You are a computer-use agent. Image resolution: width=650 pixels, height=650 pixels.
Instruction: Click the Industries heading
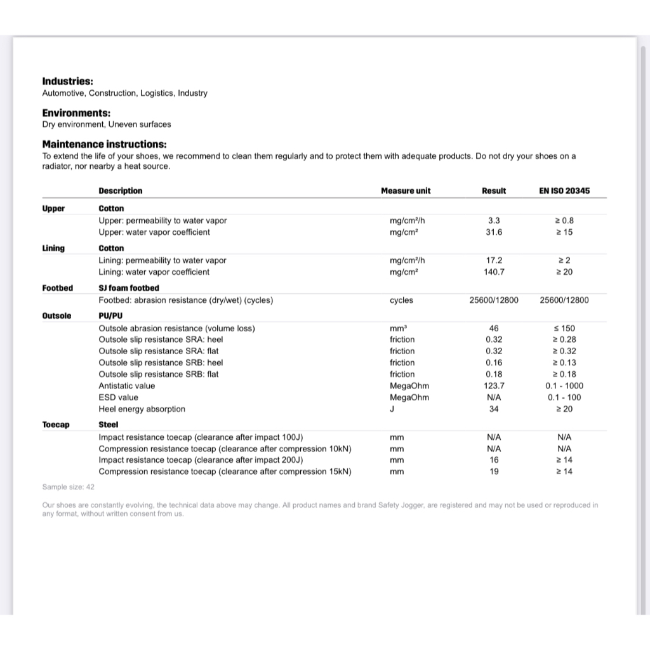point(67,81)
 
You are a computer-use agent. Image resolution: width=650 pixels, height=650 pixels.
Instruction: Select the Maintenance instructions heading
point(104,144)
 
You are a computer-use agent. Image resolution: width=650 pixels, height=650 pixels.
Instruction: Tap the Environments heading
point(76,113)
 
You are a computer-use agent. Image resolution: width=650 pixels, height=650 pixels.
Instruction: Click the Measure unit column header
point(406,190)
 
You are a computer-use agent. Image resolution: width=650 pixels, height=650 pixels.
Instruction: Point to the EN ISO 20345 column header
point(564,190)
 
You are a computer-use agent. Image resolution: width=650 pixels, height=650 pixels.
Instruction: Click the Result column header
point(494,190)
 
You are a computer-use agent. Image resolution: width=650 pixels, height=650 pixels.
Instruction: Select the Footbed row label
point(57,288)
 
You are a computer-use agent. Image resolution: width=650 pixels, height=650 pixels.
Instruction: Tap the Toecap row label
point(56,425)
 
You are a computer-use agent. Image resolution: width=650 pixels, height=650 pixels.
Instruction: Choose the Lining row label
point(53,248)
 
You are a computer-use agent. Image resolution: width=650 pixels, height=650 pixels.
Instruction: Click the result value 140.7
point(494,272)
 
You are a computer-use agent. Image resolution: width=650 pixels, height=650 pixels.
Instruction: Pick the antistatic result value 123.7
point(494,386)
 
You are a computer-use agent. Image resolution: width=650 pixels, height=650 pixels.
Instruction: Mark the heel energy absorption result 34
point(494,409)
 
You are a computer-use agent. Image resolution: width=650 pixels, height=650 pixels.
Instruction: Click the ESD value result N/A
point(494,397)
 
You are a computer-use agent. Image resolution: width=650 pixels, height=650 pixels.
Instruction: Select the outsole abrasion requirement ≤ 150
point(564,328)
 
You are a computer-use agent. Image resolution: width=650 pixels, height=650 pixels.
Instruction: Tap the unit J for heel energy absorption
point(392,409)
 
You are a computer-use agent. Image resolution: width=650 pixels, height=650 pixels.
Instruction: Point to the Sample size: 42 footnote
point(68,487)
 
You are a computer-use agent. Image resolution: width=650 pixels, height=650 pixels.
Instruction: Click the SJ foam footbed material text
point(129,288)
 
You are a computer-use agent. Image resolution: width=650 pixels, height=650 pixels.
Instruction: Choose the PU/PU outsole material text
point(110,316)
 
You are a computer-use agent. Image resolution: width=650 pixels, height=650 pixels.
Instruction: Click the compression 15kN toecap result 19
point(494,472)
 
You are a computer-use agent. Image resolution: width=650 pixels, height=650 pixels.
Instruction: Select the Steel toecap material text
point(109,425)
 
